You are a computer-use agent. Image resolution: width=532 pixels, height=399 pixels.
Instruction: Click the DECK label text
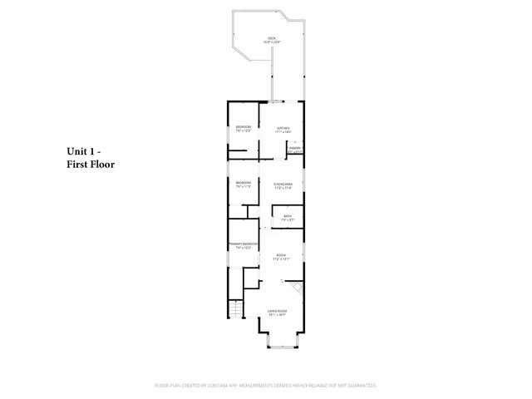pyautogui.click(x=272, y=37)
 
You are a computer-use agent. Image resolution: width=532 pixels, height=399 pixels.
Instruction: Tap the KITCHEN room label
pyautogui.click(x=283, y=127)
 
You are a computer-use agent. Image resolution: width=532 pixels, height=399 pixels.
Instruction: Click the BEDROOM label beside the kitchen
pyautogui.click(x=244, y=126)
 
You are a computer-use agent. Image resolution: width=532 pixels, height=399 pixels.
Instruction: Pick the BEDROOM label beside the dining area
pyautogui.click(x=244, y=182)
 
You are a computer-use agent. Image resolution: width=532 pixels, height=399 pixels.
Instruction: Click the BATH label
pyautogui.click(x=288, y=217)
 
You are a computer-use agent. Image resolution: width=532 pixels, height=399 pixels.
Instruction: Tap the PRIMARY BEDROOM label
pyautogui.click(x=244, y=244)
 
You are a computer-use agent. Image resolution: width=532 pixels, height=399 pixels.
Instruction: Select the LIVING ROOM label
pyautogui.click(x=277, y=311)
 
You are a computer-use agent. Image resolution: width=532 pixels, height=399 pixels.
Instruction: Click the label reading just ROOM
pyautogui.click(x=282, y=255)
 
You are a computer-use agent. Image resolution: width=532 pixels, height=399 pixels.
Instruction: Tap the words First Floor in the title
pyautogui.click(x=91, y=165)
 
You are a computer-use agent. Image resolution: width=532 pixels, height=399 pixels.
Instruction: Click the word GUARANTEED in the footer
pyautogui.click(x=358, y=386)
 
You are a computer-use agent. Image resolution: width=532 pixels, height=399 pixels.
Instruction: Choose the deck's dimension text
pyautogui.click(x=272, y=42)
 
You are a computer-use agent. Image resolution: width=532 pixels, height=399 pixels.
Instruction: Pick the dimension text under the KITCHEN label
pyautogui.click(x=283, y=131)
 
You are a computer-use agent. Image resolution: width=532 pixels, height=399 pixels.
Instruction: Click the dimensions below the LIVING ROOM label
pyautogui.click(x=277, y=315)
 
